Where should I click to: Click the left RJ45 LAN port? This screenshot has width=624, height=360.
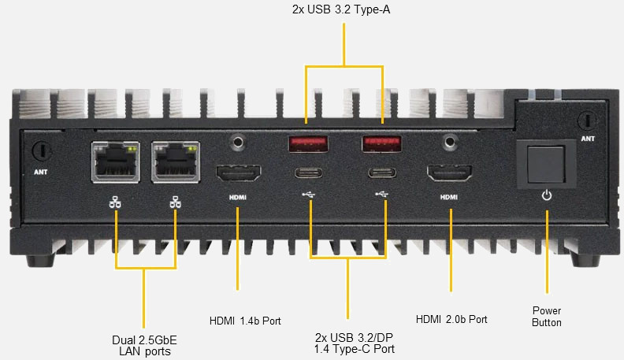(115, 162)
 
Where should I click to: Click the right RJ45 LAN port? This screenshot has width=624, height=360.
(176, 162)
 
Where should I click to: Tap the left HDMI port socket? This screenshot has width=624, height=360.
(239, 173)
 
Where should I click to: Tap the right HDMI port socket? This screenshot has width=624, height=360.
(449, 173)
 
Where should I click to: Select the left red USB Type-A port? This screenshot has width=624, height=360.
(308, 144)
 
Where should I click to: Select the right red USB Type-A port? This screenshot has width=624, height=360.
(381, 144)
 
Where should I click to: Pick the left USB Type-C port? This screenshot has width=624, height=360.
(308, 173)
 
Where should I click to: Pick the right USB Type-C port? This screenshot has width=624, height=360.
(382, 173)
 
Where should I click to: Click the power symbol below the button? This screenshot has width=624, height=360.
(547, 195)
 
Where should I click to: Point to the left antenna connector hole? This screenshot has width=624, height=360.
(42, 150)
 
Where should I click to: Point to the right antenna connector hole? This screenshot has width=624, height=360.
(588, 120)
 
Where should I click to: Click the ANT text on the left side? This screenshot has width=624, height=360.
(41, 172)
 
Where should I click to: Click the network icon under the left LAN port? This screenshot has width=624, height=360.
(115, 202)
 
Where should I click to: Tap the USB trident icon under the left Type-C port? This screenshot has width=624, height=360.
(308, 195)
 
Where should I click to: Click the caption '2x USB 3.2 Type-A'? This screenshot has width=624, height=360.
(341, 9)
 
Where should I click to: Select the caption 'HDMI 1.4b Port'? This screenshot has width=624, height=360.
(245, 321)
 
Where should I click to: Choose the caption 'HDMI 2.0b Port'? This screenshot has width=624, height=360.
(451, 319)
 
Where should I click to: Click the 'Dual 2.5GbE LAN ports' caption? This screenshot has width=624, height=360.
(144, 346)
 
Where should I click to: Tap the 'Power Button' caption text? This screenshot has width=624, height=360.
(547, 317)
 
